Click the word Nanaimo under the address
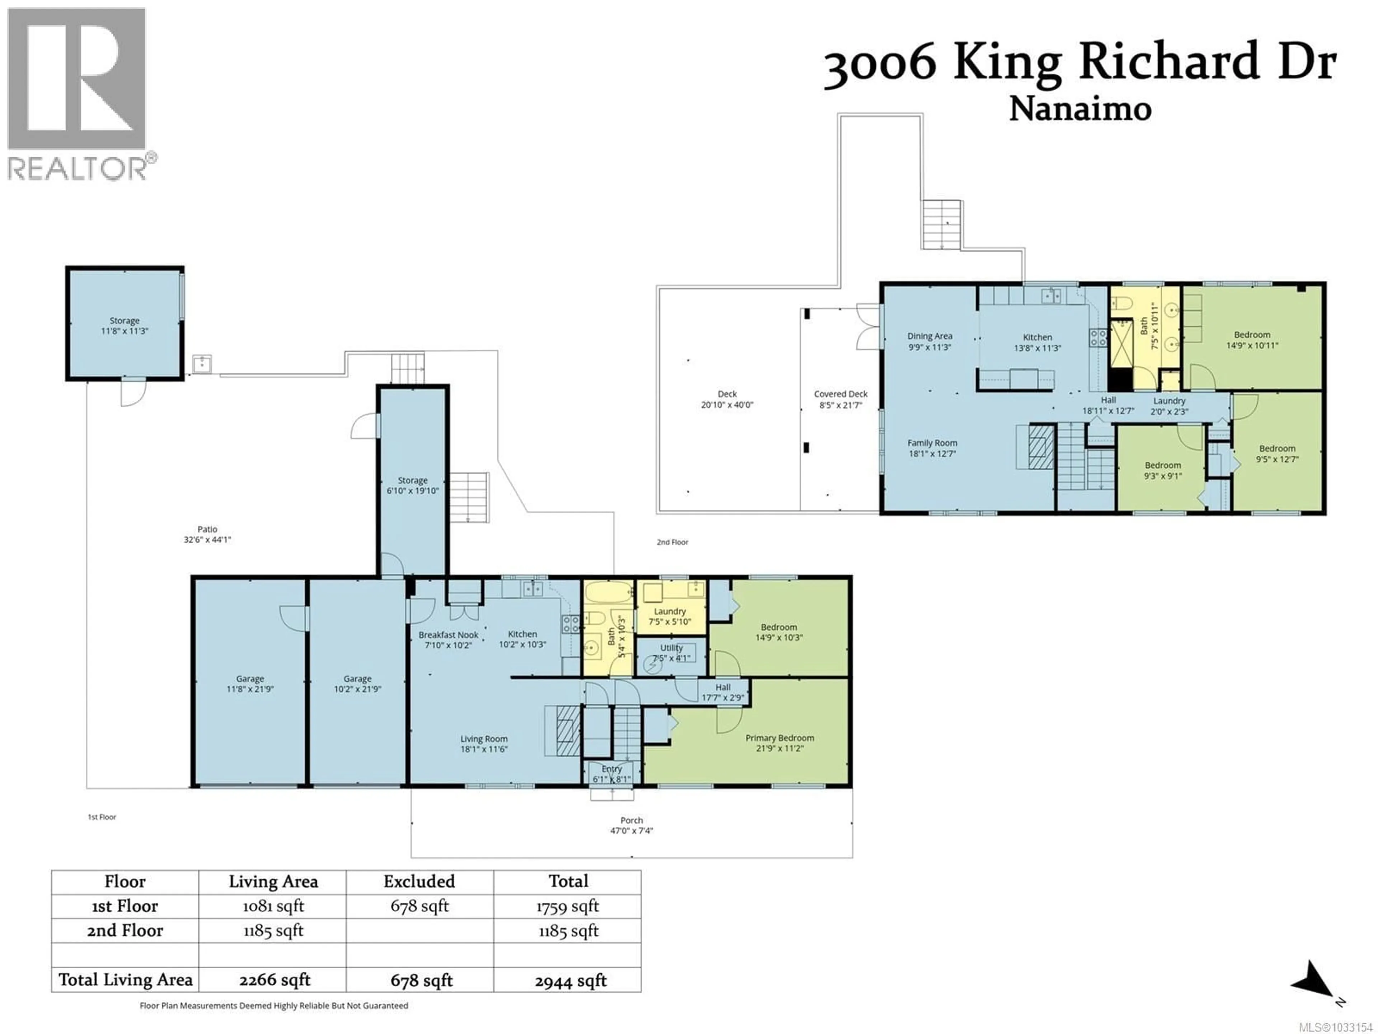coord(1079,109)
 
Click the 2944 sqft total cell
coord(570,981)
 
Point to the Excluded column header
coord(419,881)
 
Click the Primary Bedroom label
coord(779,738)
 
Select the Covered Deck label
coord(840,394)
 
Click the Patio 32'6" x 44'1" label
coord(207,535)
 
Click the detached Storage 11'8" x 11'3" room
coord(125,325)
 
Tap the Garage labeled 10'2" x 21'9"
coord(357,684)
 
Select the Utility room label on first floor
coord(671,648)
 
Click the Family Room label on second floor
coord(932,443)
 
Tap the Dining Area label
coord(929,336)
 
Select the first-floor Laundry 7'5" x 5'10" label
coord(670,611)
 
